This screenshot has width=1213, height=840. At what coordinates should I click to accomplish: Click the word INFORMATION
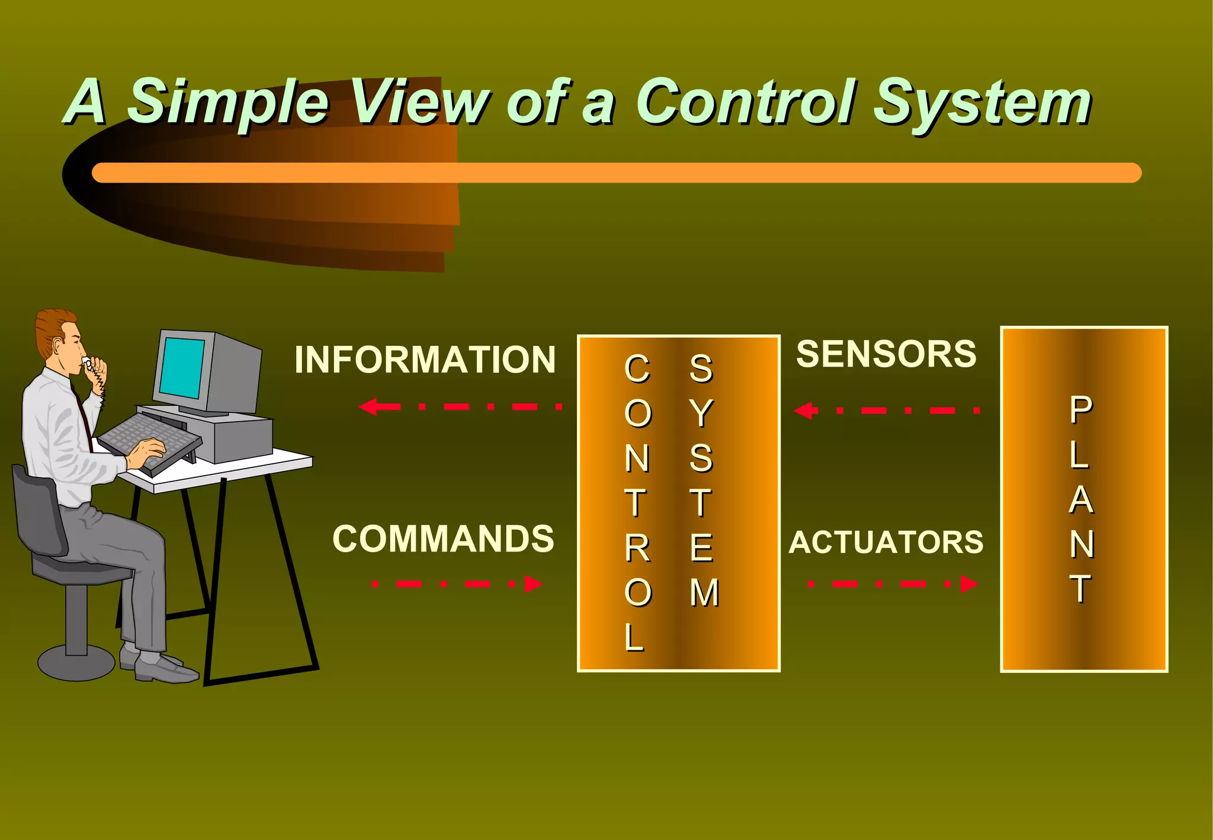click(425, 360)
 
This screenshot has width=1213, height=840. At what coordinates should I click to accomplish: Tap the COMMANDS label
click(443, 539)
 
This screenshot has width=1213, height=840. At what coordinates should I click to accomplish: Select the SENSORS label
click(886, 354)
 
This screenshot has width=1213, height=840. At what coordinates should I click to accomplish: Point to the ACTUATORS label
click(886, 542)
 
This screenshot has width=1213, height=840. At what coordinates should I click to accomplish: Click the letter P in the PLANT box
click(1081, 410)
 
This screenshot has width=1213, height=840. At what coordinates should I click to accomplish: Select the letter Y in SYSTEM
click(701, 413)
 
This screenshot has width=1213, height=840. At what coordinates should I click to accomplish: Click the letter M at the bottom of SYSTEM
click(704, 593)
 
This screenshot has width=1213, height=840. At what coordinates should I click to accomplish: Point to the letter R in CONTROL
click(637, 549)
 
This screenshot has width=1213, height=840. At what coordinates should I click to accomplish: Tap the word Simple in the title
click(229, 102)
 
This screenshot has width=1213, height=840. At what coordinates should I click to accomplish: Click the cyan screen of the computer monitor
click(182, 367)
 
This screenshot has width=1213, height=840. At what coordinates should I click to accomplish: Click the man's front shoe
click(166, 669)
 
